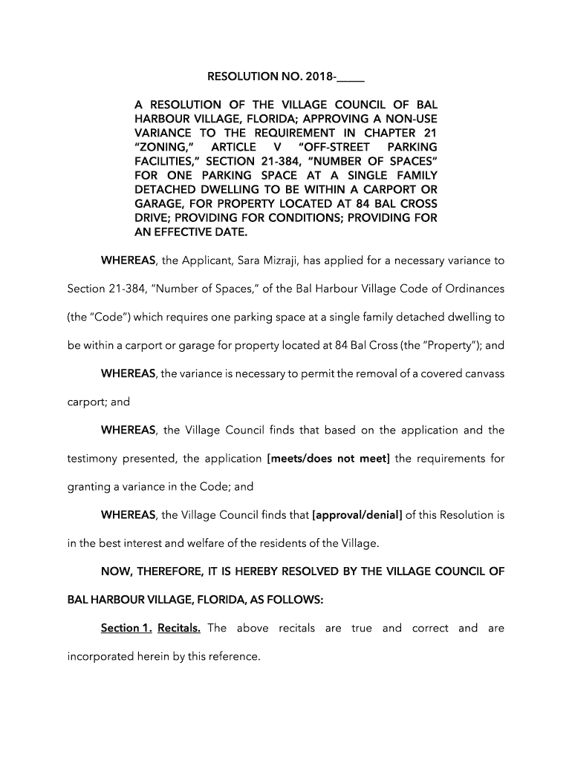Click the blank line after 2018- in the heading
[354, 76]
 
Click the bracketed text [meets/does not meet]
[328, 459]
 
